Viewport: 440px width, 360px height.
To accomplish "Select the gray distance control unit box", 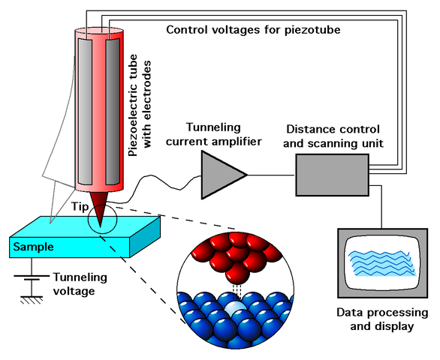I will point(333,174).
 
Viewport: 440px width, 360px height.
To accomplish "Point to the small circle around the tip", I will point(101,218).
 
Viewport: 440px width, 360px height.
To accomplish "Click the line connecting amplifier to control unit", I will point(271,175).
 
